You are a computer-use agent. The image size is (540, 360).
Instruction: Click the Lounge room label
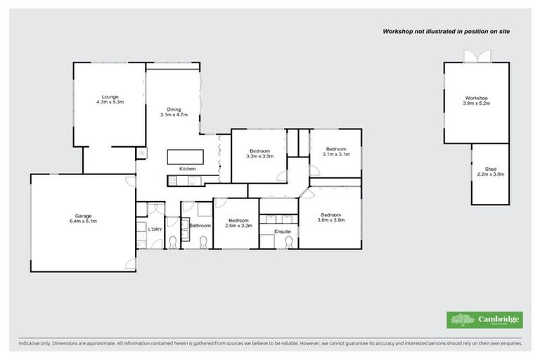110,99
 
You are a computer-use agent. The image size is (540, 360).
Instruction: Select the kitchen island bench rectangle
185,155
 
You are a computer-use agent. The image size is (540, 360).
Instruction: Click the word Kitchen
187,169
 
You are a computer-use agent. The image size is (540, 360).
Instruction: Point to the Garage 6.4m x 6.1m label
84,219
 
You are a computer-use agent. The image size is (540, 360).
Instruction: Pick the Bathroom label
200,226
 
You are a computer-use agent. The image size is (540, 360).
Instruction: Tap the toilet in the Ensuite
286,241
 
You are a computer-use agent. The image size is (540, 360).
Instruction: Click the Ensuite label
282,231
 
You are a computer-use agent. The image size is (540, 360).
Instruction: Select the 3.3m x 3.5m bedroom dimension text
260,157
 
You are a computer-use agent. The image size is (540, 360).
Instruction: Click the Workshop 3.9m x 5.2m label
476,101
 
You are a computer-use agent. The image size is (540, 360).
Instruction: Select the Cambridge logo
484,319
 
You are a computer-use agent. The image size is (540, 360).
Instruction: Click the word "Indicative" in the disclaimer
30,344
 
